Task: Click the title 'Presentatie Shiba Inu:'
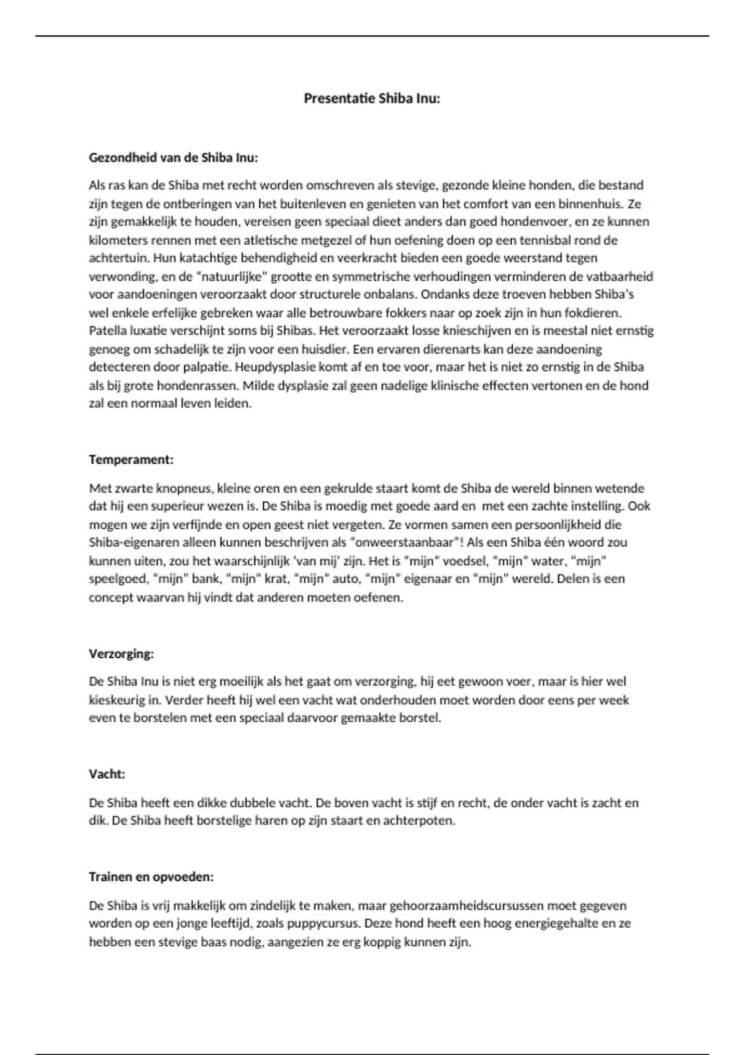pyautogui.click(x=371, y=98)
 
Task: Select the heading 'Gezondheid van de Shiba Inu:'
pyautogui.click(x=173, y=158)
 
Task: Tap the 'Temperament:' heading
pyautogui.click(x=131, y=460)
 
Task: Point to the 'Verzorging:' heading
pyautogui.click(x=121, y=653)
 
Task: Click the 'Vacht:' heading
pyautogui.click(x=107, y=774)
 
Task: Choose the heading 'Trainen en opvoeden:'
pyautogui.click(x=151, y=877)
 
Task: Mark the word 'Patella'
pyautogui.click(x=107, y=331)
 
